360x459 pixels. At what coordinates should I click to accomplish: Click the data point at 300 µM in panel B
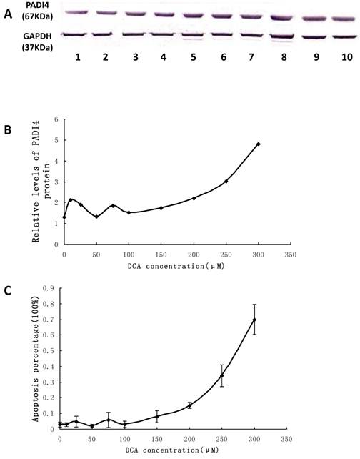click(x=259, y=144)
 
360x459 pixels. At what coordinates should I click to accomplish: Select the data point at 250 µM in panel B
click(x=226, y=182)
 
